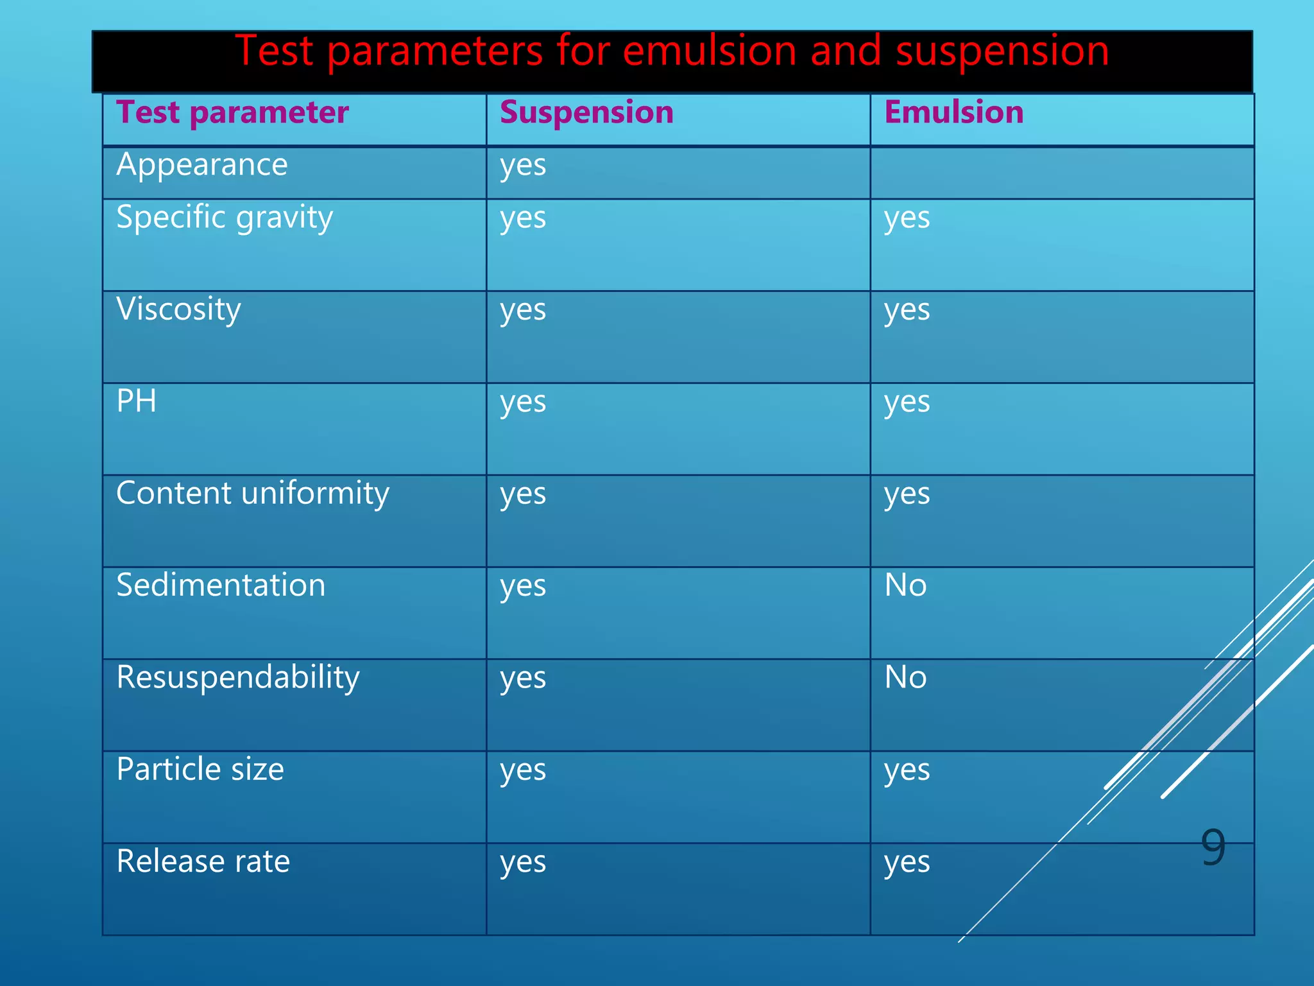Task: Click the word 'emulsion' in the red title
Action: tap(709, 51)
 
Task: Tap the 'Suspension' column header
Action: tap(586, 113)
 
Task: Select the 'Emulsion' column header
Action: tap(953, 113)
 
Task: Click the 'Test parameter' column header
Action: tap(232, 113)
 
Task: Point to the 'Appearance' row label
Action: tap(202, 166)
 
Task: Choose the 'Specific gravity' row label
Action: tap(225, 218)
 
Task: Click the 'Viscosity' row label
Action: tap(178, 310)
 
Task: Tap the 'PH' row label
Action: tap(137, 402)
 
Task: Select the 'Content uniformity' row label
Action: tap(253, 494)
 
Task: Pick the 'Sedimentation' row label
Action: tap(221, 585)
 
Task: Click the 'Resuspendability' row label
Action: tap(238, 678)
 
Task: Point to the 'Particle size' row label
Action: tap(200, 770)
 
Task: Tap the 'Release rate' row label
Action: tap(203, 861)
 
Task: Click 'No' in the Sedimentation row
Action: tap(905, 585)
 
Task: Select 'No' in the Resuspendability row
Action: tap(905, 678)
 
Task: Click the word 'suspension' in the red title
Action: tap(1002, 51)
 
